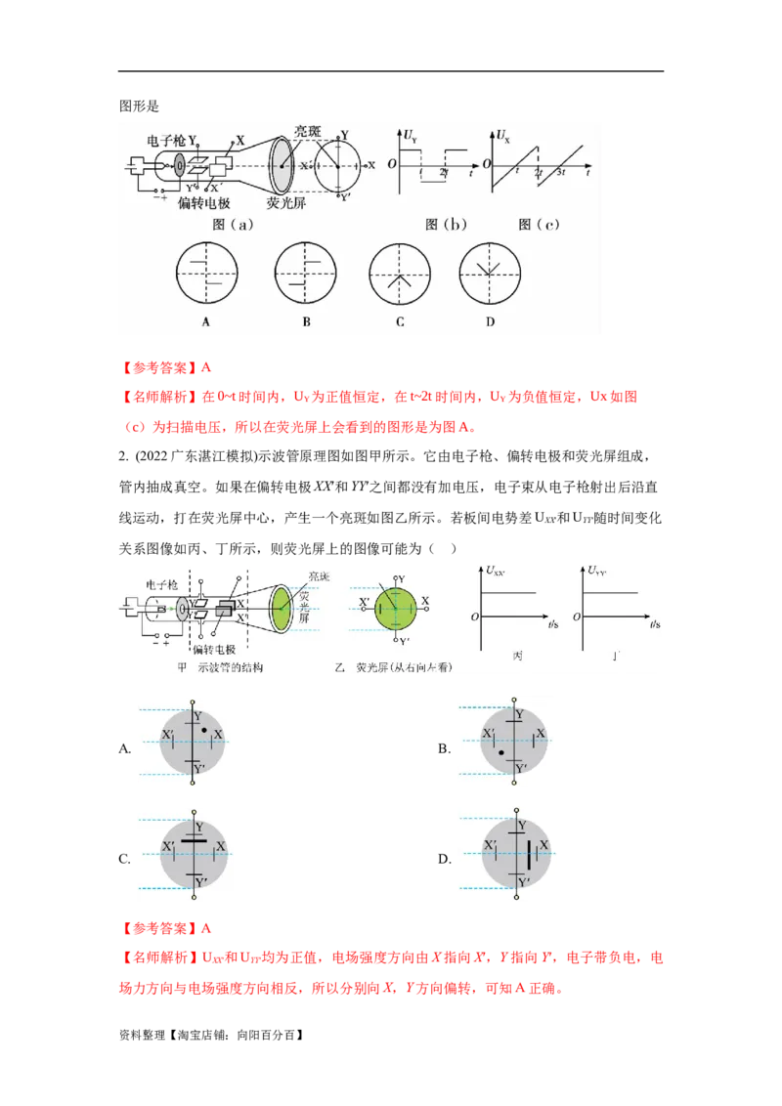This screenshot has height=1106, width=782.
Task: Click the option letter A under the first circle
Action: click(x=206, y=321)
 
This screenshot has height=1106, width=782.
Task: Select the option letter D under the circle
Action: click(x=490, y=321)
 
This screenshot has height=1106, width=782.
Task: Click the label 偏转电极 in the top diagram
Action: click(x=204, y=203)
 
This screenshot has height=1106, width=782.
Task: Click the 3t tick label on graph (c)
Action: click(x=561, y=172)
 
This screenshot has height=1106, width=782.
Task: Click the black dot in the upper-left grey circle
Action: click(x=203, y=730)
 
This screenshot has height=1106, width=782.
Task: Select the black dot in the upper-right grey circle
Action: click(x=500, y=753)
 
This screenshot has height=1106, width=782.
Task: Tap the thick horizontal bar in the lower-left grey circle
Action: click(x=195, y=839)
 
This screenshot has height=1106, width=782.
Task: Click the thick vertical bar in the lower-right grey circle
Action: click(x=529, y=855)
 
